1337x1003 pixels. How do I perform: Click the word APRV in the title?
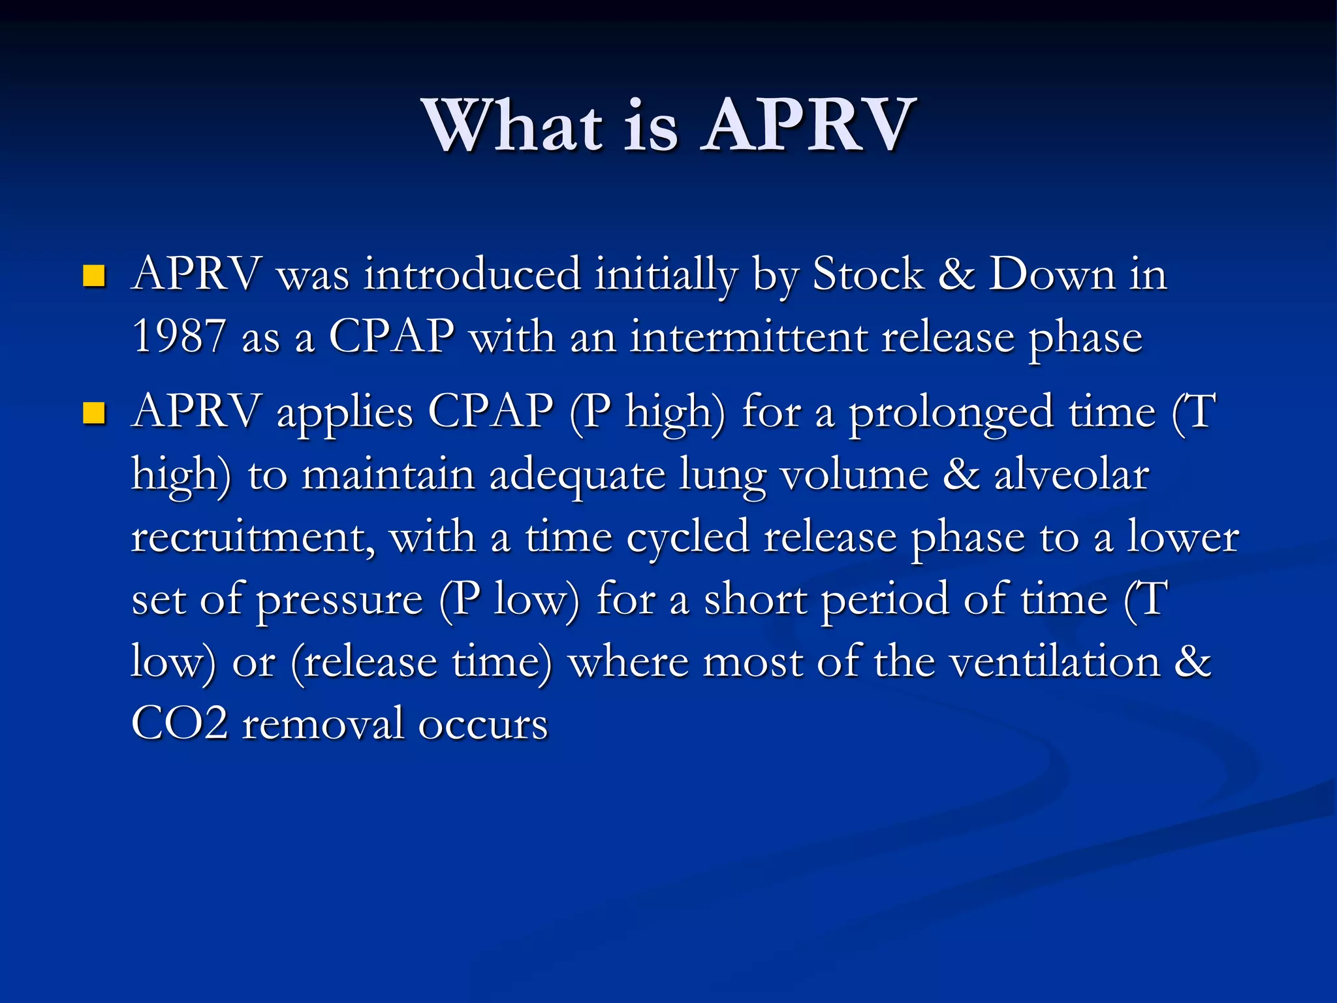tap(808, 125)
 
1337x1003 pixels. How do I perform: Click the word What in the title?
tap(513, 125)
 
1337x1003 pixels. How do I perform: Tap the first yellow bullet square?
tap(95, 276)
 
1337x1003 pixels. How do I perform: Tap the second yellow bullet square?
tap(95, 413)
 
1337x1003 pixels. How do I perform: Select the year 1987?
tap(179, 337)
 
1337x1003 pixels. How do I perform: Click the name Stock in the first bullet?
tap(868, 274)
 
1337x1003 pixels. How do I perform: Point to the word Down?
tap(1052, 274)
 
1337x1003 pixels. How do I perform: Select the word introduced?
tap(472, 274)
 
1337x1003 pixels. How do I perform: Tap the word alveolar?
tap(1071, 475)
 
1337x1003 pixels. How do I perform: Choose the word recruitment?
tap(253, 537)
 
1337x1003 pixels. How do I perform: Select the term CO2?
tap(180, 724)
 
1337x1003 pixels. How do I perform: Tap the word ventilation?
tap(1055, 662)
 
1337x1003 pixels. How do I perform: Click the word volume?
tap(855, 475)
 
